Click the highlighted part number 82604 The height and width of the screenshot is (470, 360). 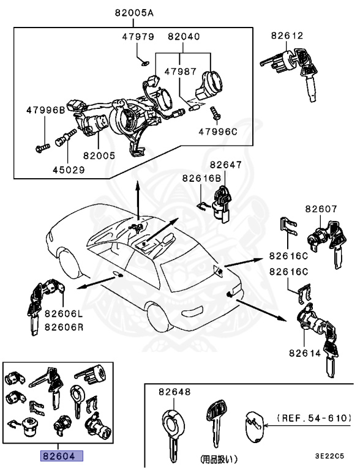click(61, 456)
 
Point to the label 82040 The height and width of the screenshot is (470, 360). click(183, 37)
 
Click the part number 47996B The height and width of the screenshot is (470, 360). click(45, 110)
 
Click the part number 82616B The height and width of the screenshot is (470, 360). click(201, 178)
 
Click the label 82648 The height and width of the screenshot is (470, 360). click(174, 392)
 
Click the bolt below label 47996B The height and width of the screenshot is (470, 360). click(43, 146)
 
